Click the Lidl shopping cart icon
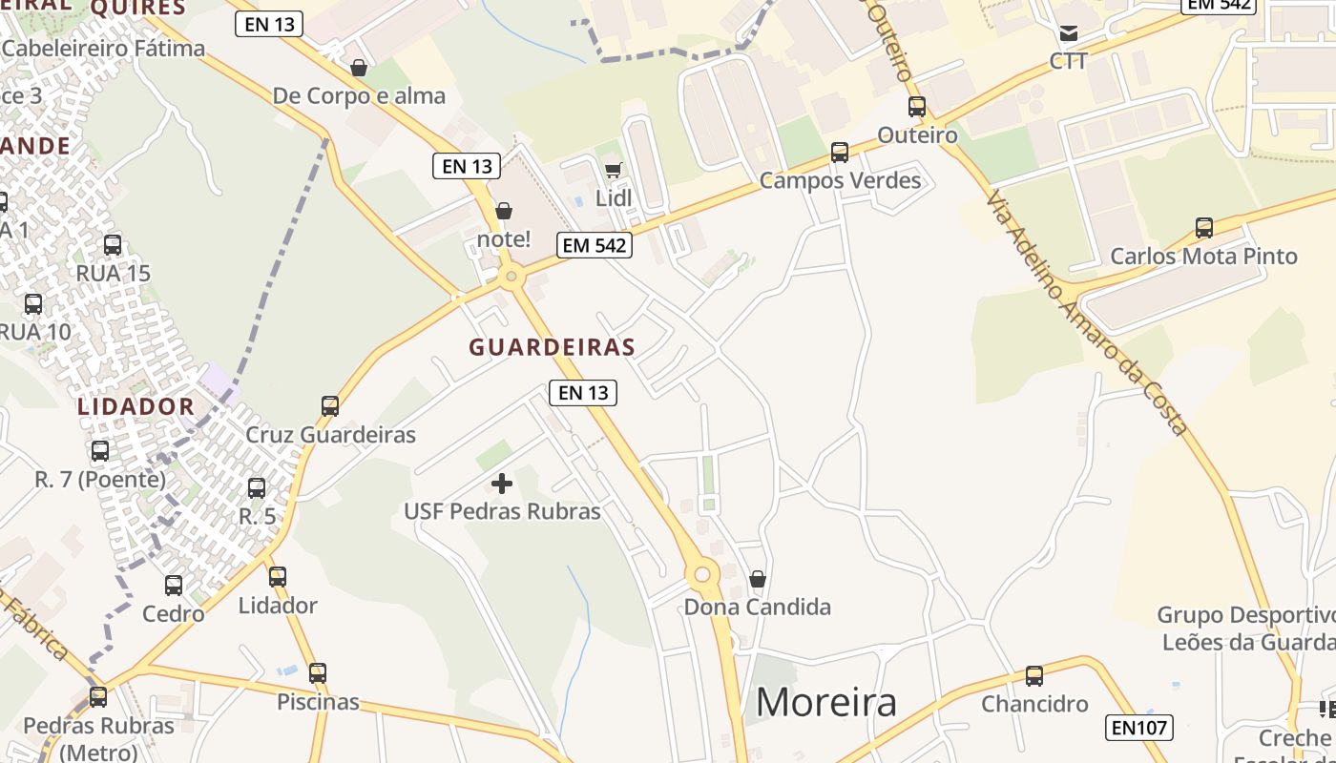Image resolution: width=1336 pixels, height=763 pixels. [613, 170]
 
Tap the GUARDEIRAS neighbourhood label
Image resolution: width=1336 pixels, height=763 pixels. [552, 347]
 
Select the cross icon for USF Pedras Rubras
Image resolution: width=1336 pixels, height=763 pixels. [501, 484]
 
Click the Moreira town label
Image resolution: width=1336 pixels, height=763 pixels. [826, 703]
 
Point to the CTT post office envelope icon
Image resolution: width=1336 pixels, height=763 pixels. [1069, 33]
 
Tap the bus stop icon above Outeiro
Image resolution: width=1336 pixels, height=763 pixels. [917, 106]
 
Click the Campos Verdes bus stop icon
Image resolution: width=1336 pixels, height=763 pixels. [840, 152]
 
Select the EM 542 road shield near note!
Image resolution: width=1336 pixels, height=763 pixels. [595, 245]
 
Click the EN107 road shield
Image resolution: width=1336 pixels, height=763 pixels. [1139, 728]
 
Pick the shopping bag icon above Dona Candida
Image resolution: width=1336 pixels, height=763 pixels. [757, 579]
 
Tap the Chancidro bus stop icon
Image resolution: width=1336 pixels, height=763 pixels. [1034, 676]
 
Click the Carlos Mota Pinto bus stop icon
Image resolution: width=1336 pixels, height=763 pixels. [1204, 228]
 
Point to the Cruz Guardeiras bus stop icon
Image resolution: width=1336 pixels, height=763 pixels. [330, 406]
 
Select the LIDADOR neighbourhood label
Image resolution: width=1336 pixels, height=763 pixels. [136, 406]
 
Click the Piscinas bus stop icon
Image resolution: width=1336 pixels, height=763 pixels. [318, 673]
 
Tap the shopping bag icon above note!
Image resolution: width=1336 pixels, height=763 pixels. [503, 210]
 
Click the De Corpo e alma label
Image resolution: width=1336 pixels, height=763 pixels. [359, 95]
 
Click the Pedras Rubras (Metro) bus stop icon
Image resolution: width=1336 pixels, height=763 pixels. [98, 697]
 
